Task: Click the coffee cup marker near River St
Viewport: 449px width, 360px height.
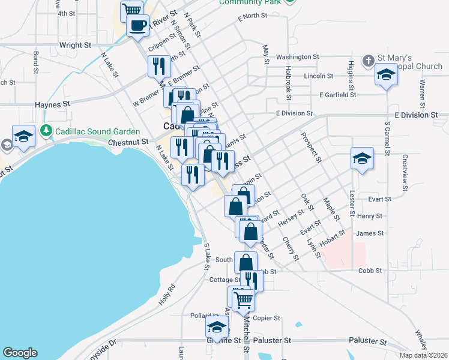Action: tap(137, 25)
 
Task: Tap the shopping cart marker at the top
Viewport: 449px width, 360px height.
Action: tap(131, 10)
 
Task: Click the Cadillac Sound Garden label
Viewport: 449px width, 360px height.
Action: tap(97, 131)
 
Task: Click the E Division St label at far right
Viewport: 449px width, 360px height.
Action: tap(416, 115)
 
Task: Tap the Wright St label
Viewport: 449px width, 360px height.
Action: tap(76, 45)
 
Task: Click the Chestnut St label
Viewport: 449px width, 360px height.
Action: tap(128, 142)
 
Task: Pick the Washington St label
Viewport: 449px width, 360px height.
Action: tap(297, 57)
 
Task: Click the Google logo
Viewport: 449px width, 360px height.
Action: tap(20, 353)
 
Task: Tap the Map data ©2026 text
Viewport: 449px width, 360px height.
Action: tap(423, 355)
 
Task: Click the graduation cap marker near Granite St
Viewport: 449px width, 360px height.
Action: tap(217, 327)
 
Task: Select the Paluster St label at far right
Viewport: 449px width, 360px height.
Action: tap(369, 341)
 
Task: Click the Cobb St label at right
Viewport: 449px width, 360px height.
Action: tap(370, 271)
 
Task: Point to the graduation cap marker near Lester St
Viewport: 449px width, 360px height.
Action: tap(362, 159)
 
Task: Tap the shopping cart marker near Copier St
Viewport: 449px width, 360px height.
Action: tap(243, 299)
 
